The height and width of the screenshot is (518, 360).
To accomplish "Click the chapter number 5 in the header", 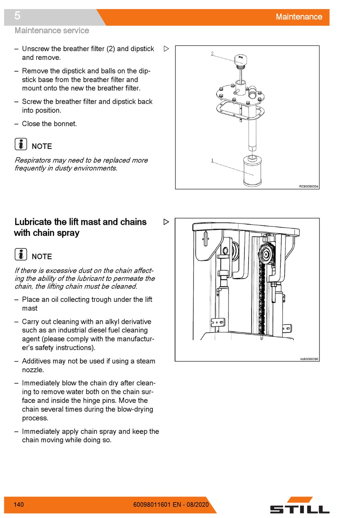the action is (x=17, y=16).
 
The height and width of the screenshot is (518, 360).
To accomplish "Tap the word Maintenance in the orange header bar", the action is (x=299, y=17).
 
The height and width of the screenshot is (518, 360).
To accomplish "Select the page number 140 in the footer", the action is (x=19, y=504).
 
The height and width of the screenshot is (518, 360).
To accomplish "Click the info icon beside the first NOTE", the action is (x=21, y=144).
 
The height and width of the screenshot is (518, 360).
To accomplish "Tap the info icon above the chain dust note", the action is (x=21, y=254).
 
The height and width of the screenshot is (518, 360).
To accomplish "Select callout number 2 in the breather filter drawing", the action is (x=212, y=53).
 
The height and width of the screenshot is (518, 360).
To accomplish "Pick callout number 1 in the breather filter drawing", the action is (x=212, y=160).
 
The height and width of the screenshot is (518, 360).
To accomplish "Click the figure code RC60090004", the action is (x=308, y=186).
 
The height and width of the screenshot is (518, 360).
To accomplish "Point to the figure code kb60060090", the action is (x=309, y=359).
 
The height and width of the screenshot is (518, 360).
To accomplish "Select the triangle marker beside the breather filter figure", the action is (x=166, y=49).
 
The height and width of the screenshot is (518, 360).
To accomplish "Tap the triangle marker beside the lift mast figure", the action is (x=166, y=222).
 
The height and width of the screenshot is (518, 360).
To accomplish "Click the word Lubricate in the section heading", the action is (x=33, y=222).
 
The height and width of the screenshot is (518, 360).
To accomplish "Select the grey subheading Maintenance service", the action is (x=52, y=31).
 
